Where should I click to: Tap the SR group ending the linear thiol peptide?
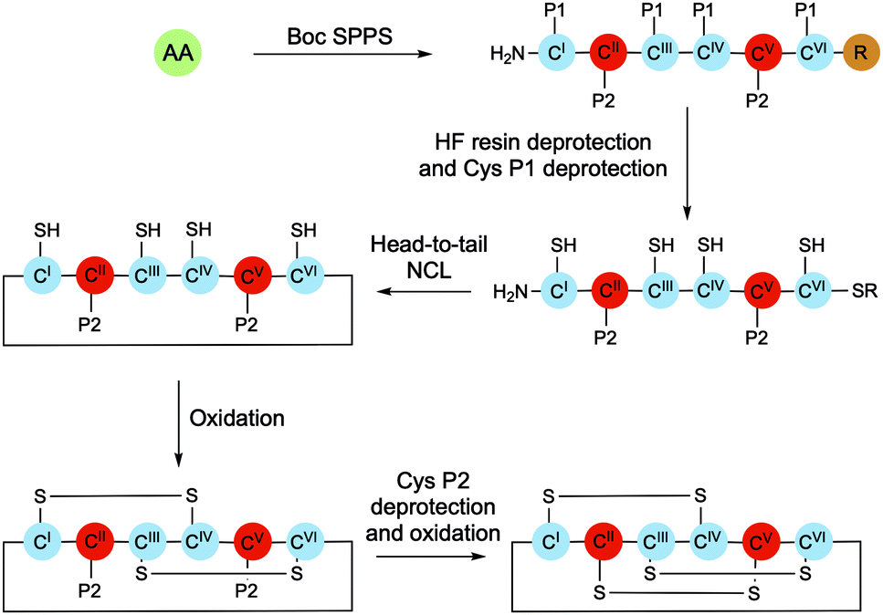tap(860, 291)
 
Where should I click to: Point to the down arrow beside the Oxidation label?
tap(179, 418)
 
